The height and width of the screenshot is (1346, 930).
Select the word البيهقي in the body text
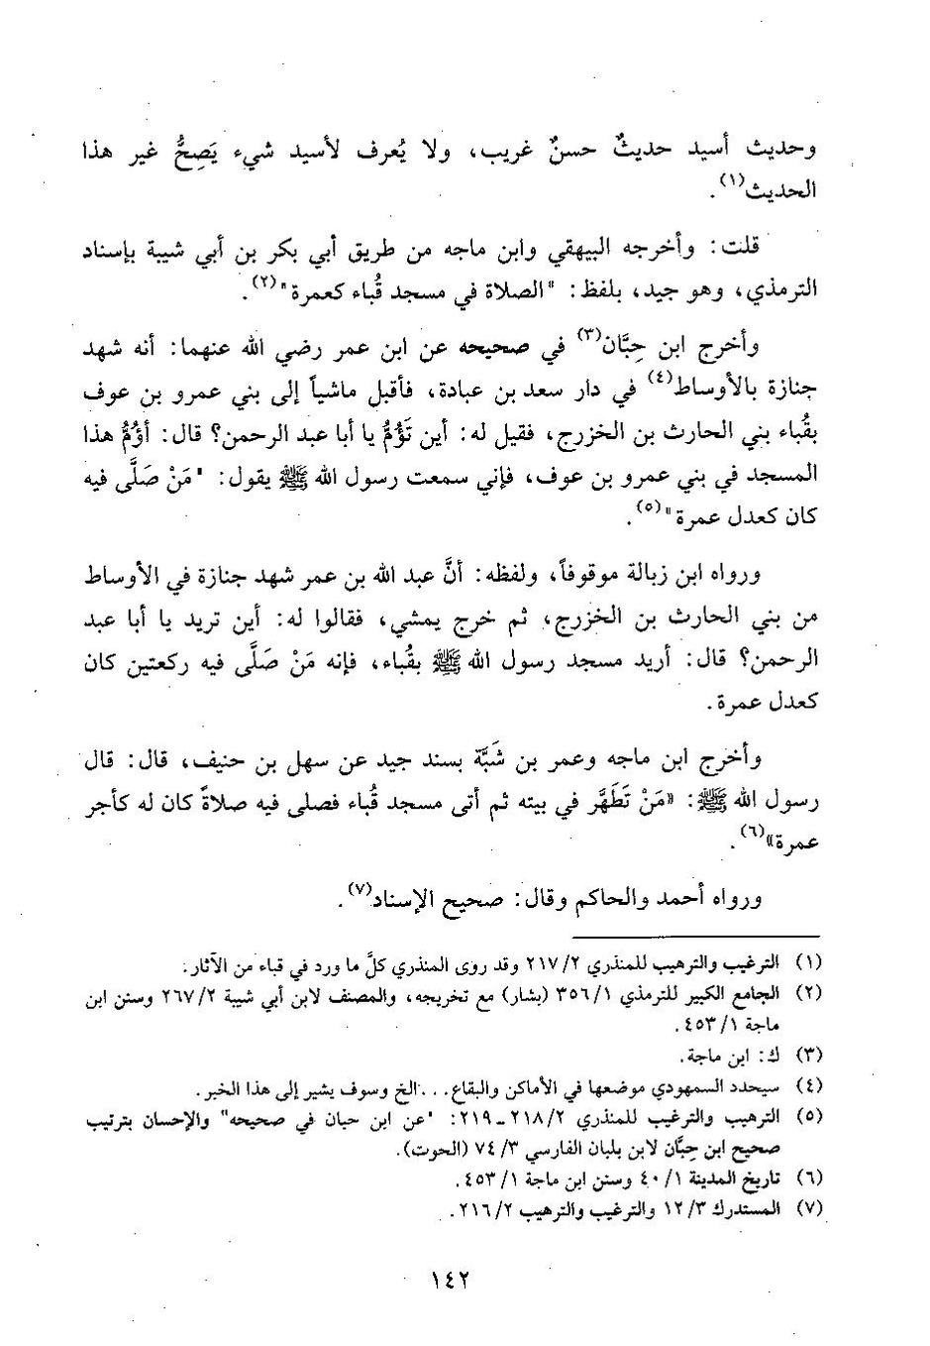tap(619, 247)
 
